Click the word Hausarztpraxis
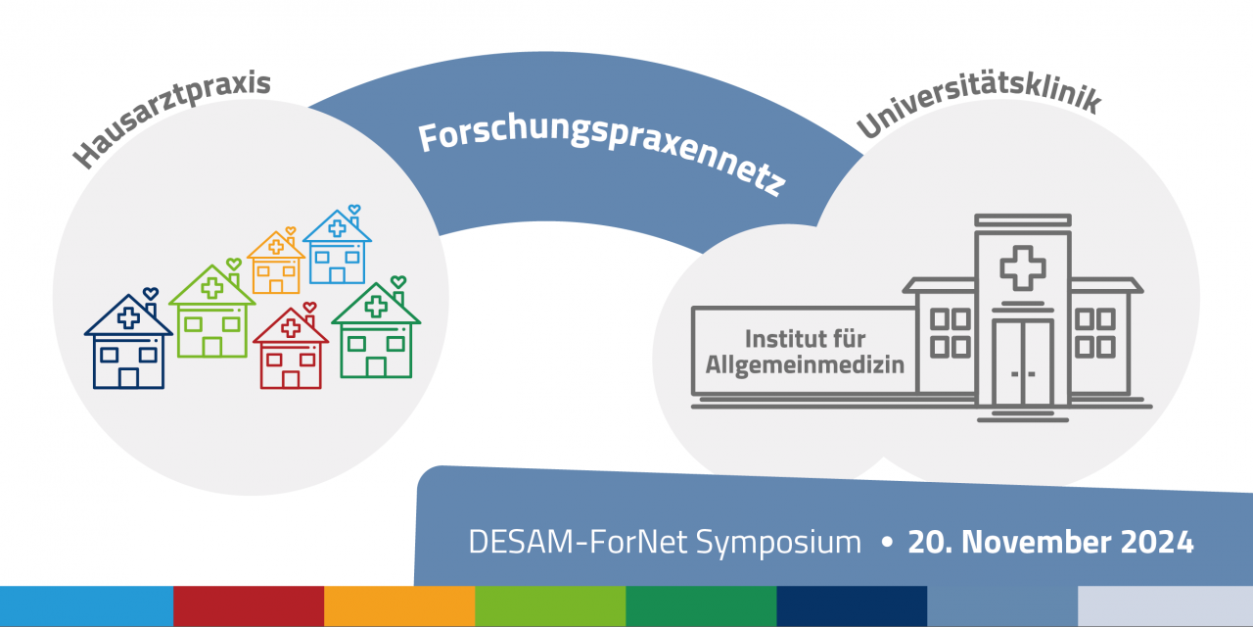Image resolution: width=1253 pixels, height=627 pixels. click(x=171, y=119)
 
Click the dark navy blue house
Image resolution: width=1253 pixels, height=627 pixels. click(x=128, y=342)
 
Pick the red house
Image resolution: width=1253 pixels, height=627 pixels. click(x=291, y=347)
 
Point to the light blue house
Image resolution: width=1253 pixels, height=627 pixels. click(x=337, y=246)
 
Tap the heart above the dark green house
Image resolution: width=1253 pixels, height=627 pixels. click(x=398, y=281)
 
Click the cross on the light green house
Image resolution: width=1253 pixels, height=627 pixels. click(x=212, y=288)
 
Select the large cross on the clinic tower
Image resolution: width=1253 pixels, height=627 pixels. click(x=1023, y=268)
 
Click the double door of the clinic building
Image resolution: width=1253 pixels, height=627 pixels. click(x=1023, y=362)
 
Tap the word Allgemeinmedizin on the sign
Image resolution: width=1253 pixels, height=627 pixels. click(x=805, y=364)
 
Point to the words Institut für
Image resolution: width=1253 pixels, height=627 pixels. click(x=805, y=339)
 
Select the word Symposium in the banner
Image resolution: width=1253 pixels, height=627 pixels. click(x=778, y=543)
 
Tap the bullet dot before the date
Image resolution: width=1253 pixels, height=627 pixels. click(x=886, y=542)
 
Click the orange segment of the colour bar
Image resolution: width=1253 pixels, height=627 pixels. click(x=399, y=606)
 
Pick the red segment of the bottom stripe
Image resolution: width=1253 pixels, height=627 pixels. click(x=249, y=606)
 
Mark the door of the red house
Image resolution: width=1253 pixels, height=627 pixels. click(x=291, y=379)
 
